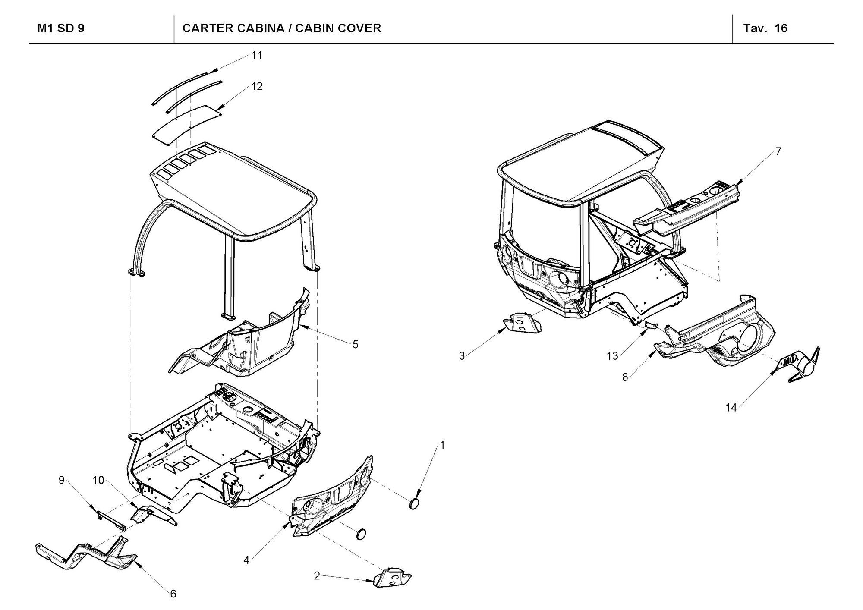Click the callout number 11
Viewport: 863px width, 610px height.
click(x=257, y=56)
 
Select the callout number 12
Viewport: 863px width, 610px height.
click(x=257, y=87)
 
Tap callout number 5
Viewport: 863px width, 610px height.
click(x=355, y=344)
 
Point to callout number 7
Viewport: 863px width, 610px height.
click(x=778, y=151)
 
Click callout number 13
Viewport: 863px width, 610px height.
click(x=612, y=356)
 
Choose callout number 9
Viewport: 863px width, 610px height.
click(x=61, y=480)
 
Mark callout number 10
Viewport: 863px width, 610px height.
click(x=98, y=480)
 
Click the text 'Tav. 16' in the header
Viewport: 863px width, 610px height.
click(x=765, y=28)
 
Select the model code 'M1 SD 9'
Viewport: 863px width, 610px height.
click(x=61, y=28)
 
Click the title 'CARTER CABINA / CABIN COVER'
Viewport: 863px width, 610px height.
click(x=281, y=28)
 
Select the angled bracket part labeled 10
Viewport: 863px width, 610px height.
click(x=151, y=516)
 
